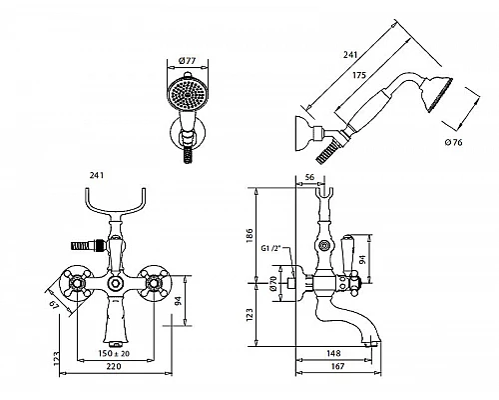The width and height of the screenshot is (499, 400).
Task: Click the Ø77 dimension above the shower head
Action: coord(187,61)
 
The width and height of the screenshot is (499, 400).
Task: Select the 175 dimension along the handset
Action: coord(359,75)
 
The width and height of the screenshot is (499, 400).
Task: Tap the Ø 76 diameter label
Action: coord(453,142)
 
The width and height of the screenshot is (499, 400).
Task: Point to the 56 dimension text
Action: coord(309,177)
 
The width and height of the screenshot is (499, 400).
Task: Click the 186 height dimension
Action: coord(249,235)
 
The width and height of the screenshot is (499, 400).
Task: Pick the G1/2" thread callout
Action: coord(271,248)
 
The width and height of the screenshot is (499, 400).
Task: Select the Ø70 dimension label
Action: coord(273,284)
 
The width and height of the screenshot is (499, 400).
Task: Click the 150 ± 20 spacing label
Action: coord(114,353)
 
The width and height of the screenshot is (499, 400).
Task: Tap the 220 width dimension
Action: coord(114,366)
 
